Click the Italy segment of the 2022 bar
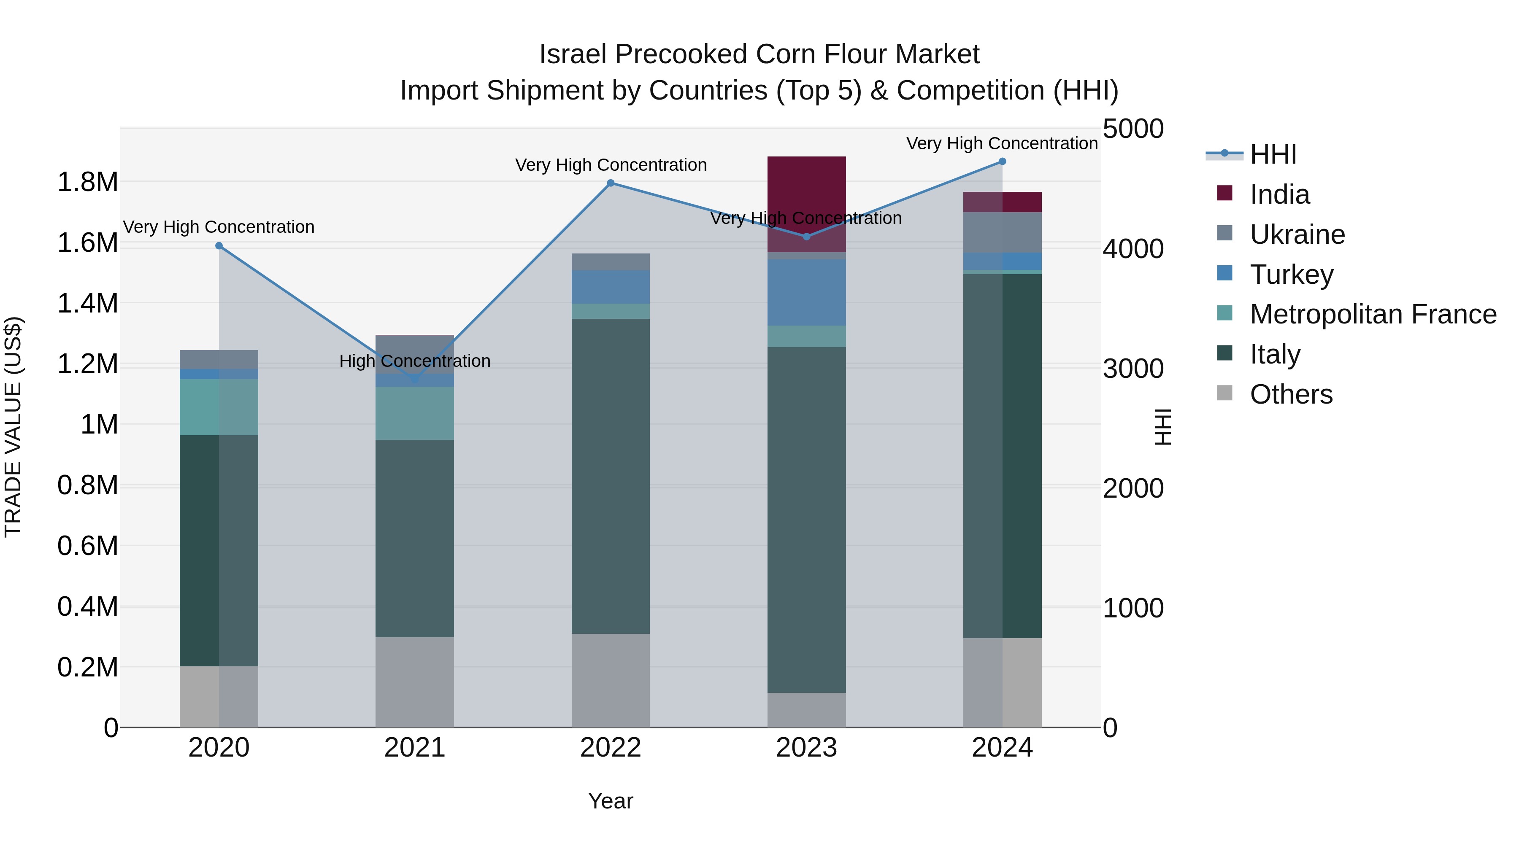point(610,476)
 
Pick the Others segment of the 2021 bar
point(414,682)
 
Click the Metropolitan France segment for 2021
point(414,413)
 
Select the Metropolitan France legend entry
point(1372,314)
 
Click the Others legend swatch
point(1225,393)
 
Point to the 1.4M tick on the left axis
point(88,304)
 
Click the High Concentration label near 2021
point(414,361)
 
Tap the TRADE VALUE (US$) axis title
point(13,427)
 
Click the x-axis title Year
point(610,801)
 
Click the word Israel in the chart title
point(573,54)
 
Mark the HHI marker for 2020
point(219,246)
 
